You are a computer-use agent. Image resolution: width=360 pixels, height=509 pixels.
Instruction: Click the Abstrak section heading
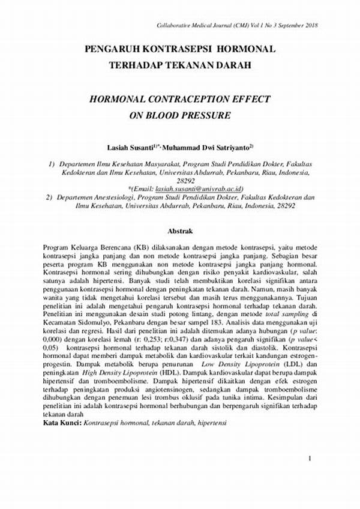coord(179,229)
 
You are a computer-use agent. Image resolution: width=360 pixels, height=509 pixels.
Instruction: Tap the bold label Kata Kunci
coord(62,423)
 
